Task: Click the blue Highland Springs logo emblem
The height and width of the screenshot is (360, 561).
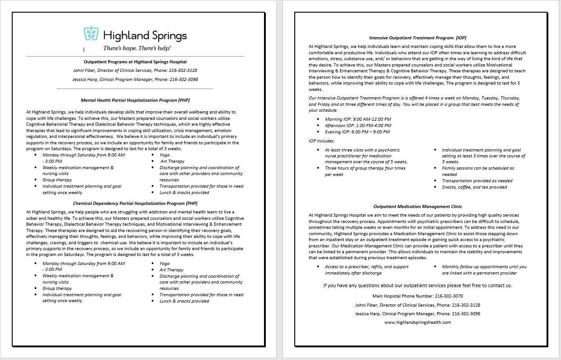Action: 91,35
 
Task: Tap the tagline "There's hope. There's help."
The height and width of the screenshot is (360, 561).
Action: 137,47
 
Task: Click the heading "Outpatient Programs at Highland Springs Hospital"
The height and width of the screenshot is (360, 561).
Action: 135,62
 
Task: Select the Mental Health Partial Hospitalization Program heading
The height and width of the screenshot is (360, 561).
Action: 135,99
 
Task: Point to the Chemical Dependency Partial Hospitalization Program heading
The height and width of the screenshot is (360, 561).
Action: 135,204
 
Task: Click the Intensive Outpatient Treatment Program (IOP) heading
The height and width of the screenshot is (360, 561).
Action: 417,38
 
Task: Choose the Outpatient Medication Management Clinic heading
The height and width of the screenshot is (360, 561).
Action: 417,207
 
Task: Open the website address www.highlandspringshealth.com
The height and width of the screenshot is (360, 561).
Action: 417,322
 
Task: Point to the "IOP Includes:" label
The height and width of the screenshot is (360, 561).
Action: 321,141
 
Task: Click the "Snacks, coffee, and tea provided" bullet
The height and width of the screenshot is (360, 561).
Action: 474,187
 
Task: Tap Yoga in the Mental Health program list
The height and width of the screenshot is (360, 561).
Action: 165,155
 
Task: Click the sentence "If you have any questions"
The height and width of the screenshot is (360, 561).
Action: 417,286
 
